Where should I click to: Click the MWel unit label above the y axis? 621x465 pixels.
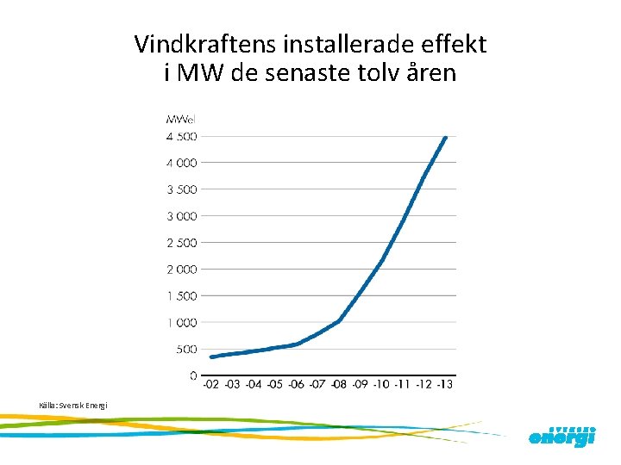point(181,118)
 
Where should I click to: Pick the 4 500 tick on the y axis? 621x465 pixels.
point(181,136)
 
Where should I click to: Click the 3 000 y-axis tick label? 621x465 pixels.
point(181,216)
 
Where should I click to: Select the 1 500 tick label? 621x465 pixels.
point(181,296)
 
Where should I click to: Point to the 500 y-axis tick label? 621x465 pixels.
point(186,350)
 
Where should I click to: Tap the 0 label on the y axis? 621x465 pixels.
point(193,376)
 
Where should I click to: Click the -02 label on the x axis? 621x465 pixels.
point(211,385)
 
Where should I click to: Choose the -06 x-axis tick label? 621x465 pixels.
point(297,385)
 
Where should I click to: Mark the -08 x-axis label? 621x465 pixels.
point(339,385)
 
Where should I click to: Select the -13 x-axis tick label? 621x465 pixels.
point(445,385)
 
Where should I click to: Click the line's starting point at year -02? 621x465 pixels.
point(212,356)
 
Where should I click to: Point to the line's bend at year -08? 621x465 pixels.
point(339,321)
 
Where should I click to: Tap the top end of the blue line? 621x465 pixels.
point(445,137)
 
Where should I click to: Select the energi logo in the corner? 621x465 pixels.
point(561,436)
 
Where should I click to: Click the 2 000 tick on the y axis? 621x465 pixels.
point(181,270)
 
